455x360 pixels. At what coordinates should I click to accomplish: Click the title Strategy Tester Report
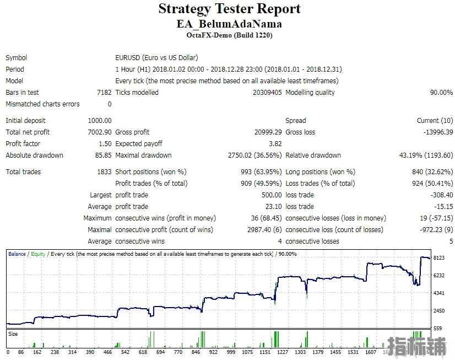[x=229, y=9]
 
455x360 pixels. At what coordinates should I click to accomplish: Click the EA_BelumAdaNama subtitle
[x=229, y=24]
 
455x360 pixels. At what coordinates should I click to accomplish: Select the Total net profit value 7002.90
[x=100, y=132]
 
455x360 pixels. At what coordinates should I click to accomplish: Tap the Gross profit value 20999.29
[x=268, y=132]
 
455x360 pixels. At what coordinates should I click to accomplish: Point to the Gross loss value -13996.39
[x=438, y=132]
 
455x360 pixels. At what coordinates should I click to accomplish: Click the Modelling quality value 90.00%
[x=441, y=92]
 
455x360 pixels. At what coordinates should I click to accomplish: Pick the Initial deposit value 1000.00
[x=100, y=121]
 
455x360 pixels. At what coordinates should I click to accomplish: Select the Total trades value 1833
[x=104, y=172]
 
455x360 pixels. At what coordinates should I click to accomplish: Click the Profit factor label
[x=23, y=144]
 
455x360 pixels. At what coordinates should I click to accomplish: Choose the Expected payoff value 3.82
[x=275, y=144]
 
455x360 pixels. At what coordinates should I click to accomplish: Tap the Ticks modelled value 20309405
[x=267, y=92]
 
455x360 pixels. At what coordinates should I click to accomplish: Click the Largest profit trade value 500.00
[x=272, y=195]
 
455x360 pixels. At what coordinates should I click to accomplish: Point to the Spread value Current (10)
[x=435, y=121]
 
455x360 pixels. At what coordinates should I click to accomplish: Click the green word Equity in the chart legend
[x=38, y=254]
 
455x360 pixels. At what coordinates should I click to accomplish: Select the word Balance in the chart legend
[x=17, y=254]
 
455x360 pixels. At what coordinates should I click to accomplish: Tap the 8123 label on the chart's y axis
[x=438, y=258]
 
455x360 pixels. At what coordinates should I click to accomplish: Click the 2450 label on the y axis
[x=438, y=310]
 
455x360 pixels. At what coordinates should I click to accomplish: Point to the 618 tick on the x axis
[x=143, y=352]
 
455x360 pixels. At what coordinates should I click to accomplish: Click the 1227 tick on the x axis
[x=283, y=352]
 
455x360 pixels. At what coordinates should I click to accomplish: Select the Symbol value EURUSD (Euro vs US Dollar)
[x=156, y=58]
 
